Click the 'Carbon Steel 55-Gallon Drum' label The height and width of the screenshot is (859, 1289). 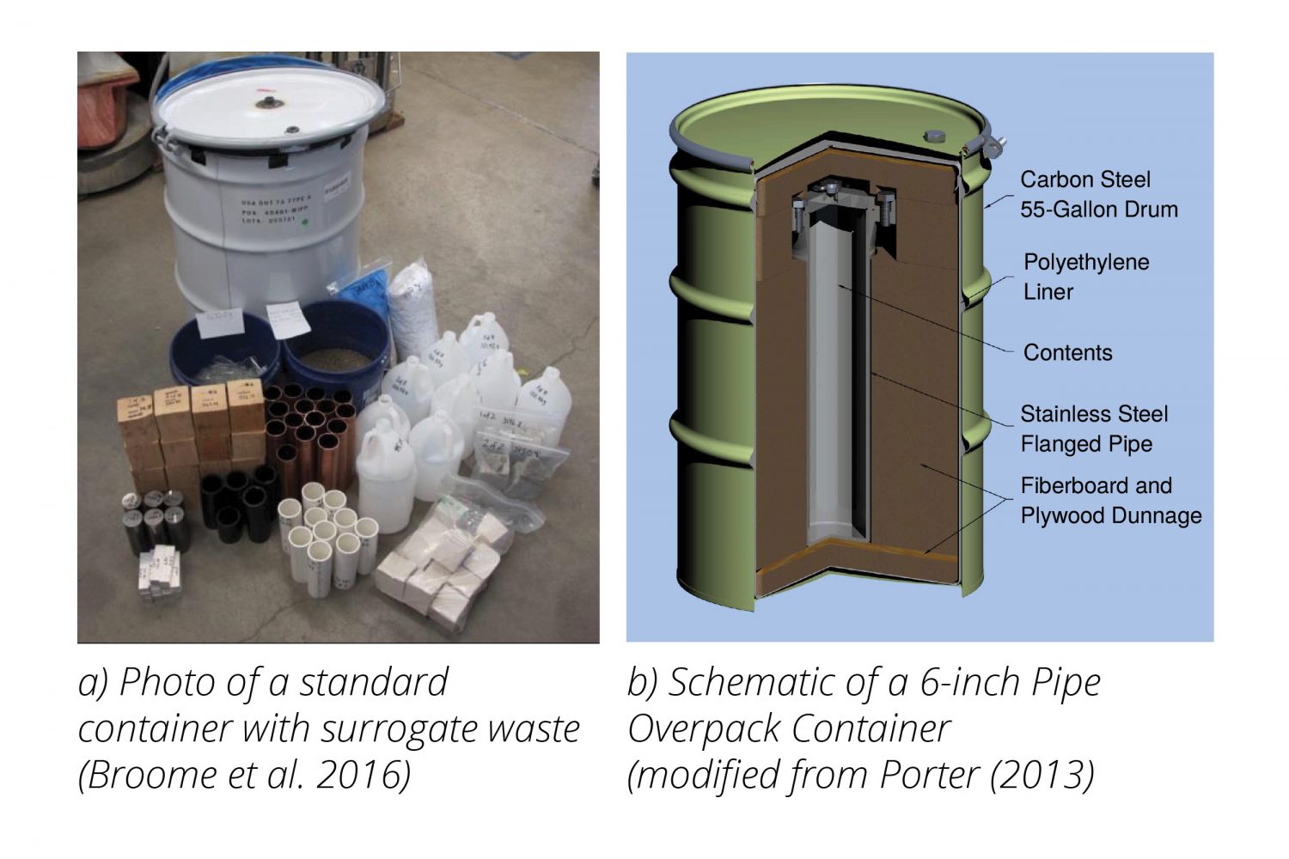point(1098,194)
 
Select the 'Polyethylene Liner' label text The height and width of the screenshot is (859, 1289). point(1086,277)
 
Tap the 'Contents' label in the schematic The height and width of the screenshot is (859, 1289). point(1067,353)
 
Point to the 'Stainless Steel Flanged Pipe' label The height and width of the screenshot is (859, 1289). point(1093,429)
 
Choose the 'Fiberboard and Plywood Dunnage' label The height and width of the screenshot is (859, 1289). point(1110,501)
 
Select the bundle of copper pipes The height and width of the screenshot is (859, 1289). point(309,429)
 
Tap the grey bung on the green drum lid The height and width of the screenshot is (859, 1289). point(934,137)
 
